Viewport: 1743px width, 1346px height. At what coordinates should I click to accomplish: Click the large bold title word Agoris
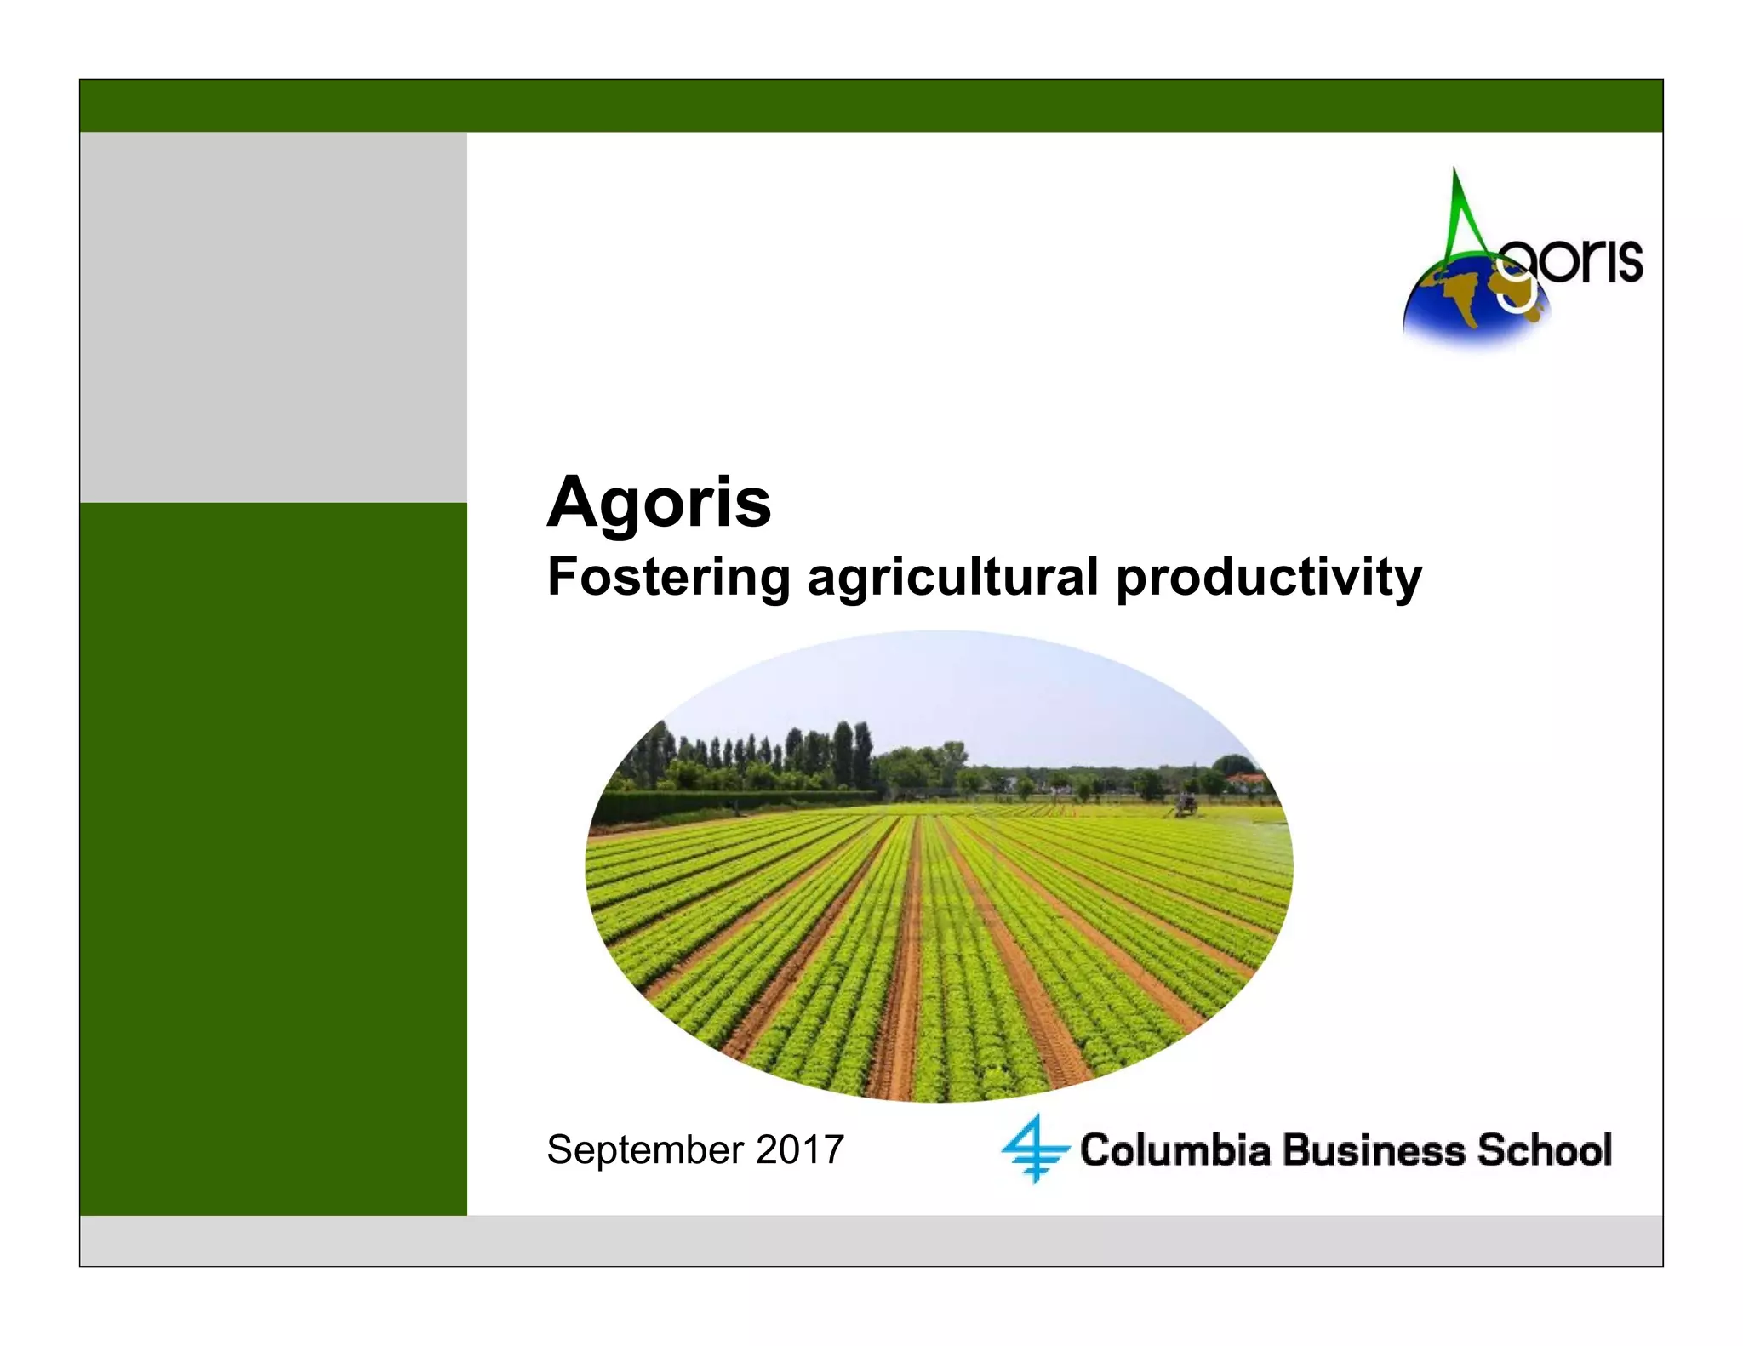(659, 502)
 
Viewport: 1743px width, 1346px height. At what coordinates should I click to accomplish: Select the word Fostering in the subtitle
(669, 577)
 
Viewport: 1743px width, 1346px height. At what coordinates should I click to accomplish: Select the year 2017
(799, 1149)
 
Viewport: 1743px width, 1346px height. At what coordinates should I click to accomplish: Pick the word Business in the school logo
(1374, 1150)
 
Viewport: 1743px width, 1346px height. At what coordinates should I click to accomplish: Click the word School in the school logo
(1544, 1150)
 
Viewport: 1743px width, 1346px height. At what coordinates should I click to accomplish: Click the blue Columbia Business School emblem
(1034, 1149)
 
